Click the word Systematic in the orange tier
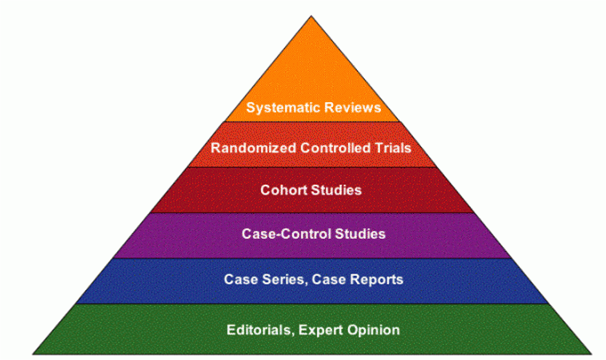click(x=278, y=107)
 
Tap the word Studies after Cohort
click(x=336, y=190)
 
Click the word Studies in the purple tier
click(x=360, y=234)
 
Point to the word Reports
click(x=377, y=279)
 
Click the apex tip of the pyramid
click(x=311, y=16)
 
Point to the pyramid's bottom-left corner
click(x=33, y=353)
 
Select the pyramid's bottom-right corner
click(x=591, y=353)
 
